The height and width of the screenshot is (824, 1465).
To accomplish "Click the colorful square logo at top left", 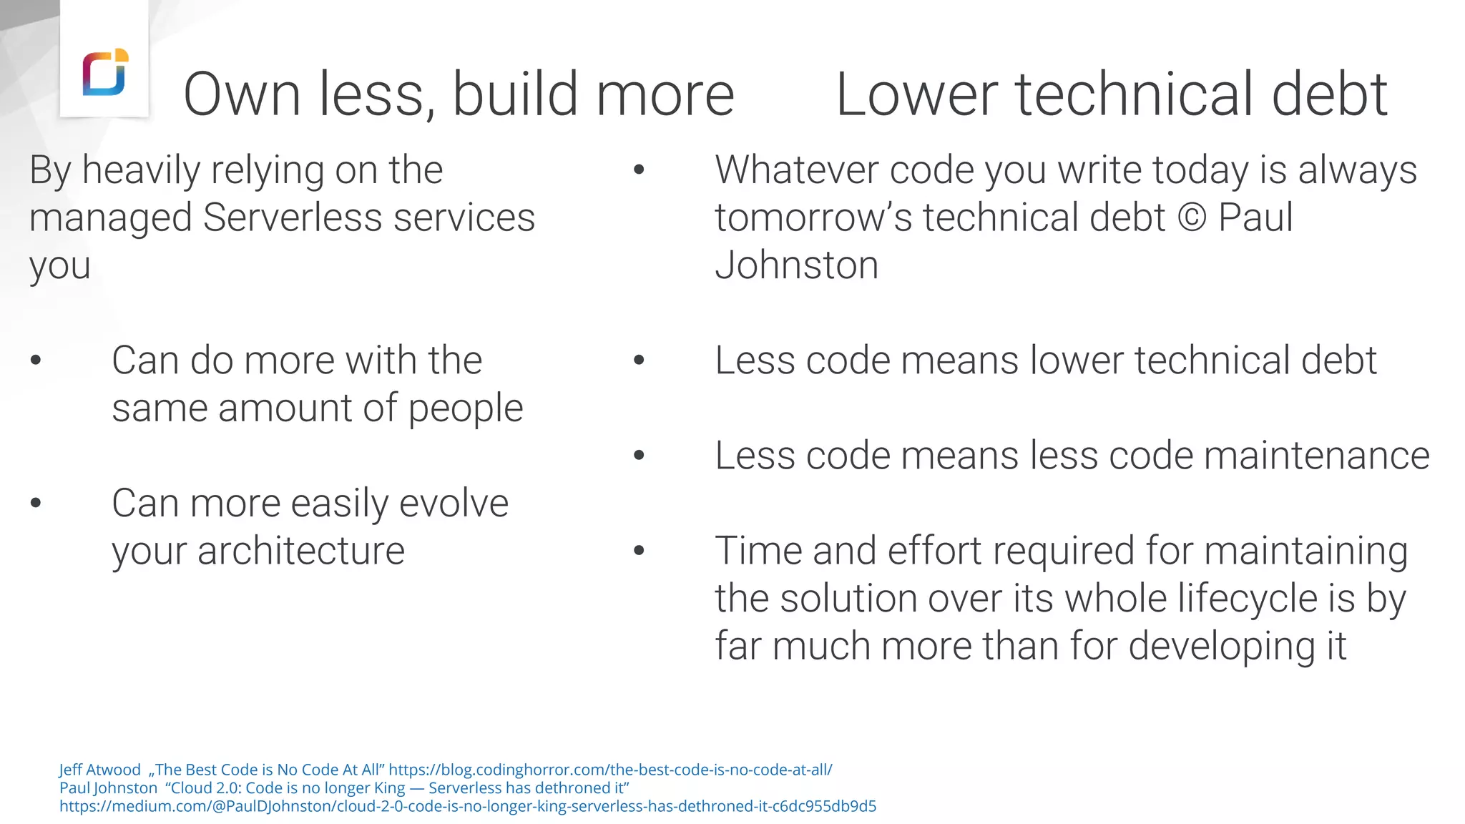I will coord(105,72).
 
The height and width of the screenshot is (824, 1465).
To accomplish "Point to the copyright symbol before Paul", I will coord(1192,217).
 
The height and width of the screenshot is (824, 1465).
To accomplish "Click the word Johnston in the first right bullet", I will coord(796,265).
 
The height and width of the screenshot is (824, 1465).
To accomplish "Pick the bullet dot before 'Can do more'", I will coord(36,360).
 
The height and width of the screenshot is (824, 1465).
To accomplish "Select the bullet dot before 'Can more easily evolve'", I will coord(36,504).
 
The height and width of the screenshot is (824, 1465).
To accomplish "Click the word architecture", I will coord(300,551).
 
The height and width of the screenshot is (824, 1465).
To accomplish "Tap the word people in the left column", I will coord(465,408).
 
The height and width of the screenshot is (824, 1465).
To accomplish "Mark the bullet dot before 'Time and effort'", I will coord(639,551).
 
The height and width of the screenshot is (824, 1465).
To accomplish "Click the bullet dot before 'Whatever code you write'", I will coord(639,170).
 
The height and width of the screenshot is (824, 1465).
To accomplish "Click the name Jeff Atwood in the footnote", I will coord(99,770).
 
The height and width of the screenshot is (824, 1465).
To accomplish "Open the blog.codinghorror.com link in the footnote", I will coord(610,770).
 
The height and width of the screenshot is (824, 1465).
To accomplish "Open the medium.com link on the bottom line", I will coord(467,806).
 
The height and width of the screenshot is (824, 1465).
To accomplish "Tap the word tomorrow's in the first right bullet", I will coord(813,217).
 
